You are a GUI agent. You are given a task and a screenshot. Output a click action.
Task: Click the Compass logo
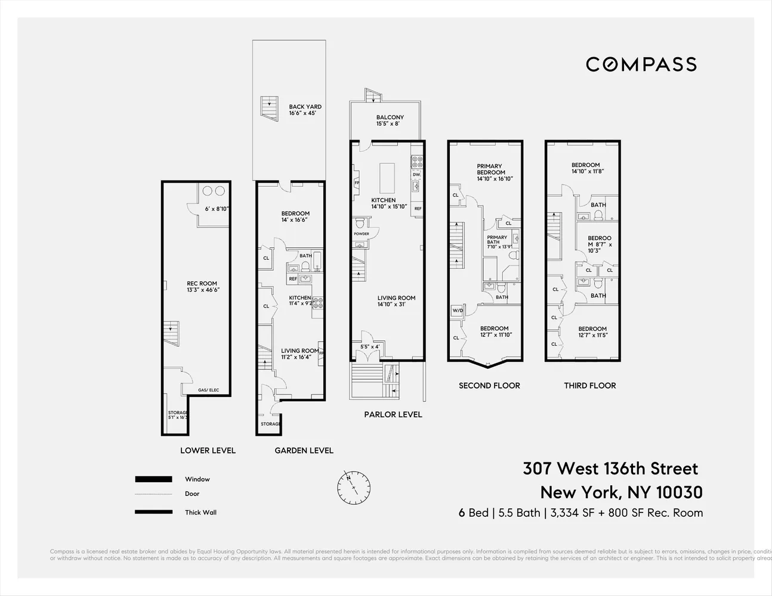pyautogui.click(x=641, y=64)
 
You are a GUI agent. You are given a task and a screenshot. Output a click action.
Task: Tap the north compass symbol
pyautogui.click(x=354, y=488)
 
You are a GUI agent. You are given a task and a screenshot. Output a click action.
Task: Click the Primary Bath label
pyautogui.click(x=497, y=240)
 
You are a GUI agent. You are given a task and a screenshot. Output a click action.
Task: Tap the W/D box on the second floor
pyautogui.click(x=458, y=311)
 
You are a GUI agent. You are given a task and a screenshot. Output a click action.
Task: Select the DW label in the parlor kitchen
pyautogui.click(x=416, y=174)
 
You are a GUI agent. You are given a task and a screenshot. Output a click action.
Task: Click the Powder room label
pyautogui.click(x=362, y=234)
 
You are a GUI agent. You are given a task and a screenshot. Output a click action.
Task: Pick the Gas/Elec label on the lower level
pyautogui.click(x=208, y=390)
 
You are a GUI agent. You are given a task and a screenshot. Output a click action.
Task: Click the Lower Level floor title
pyautogui.click(x=208, y=451)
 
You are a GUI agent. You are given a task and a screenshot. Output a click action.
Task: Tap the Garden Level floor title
pyautogui.click(x=304, y=451)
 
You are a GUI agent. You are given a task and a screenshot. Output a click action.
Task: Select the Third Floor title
pyautogui.click(x=589, y=386)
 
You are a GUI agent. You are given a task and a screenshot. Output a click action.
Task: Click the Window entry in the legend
pyautogui.click(x=197, y=479)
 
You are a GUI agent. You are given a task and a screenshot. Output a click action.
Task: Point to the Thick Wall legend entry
pyautogui.click(x=200, y=512)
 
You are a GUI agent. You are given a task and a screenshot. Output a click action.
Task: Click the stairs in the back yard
pyautogui.click(x=269, y=108)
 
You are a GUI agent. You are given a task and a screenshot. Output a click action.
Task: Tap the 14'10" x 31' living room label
pyautogui.click(x=396, y=301)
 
